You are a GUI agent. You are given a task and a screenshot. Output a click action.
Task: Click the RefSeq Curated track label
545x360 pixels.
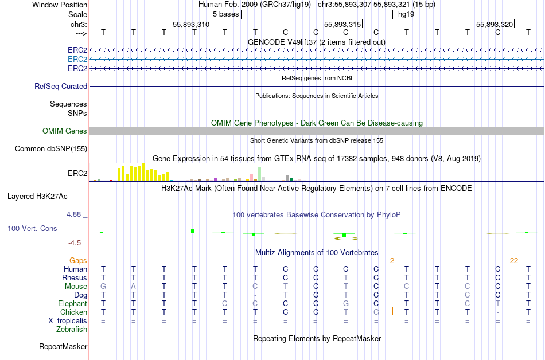[x=61, y=86]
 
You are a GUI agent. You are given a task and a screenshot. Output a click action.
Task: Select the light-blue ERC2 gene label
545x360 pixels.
[x=77, y=59]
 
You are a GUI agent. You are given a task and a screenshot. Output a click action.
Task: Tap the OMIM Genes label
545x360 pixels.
[x=65, y=131]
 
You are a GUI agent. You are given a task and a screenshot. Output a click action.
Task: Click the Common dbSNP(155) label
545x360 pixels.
[x=51, y=148]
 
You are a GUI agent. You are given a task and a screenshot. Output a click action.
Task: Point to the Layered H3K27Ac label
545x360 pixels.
[x=37, y=196]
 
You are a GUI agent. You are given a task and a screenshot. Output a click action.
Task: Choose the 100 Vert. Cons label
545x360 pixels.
[x=32, y=228]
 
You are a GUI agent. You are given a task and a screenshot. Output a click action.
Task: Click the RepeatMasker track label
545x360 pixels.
[x=63, y=346]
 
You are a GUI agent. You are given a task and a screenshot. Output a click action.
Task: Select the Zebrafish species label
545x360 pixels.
[x=72, y=329]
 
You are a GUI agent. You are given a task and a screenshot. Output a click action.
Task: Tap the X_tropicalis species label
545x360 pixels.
[x=68, y=320]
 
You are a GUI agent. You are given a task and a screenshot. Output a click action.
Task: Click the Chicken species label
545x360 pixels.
[x=73, y=312]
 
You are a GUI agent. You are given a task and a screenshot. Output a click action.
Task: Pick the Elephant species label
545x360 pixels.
[x=72, y=303]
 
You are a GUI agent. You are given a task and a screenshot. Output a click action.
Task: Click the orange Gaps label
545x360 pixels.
[x=78, y=260]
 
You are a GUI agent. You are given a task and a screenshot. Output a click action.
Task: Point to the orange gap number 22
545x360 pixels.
[x=513, y=260]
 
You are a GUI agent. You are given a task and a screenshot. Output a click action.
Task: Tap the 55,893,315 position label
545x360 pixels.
[x=342, y=24]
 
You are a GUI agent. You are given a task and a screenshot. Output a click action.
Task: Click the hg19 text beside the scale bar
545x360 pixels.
[x=407, y=14]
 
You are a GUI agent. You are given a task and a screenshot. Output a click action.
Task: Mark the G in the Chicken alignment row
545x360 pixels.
[x=376, y=312]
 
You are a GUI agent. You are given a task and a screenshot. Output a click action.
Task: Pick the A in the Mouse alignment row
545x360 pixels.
[x=134, y=286]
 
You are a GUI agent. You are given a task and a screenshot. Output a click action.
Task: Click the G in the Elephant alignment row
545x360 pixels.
[x=346, y=303]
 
